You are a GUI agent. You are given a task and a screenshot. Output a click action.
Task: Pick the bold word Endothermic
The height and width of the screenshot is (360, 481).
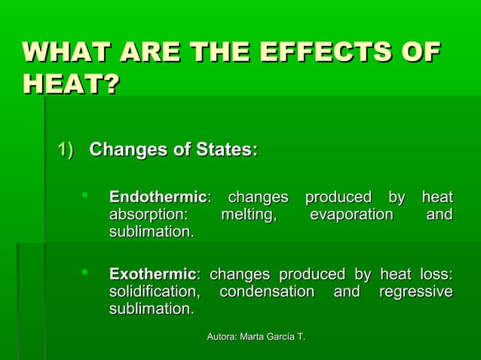click(158, 197)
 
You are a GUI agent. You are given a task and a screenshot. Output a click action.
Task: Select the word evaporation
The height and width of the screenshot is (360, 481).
click(351, 215)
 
